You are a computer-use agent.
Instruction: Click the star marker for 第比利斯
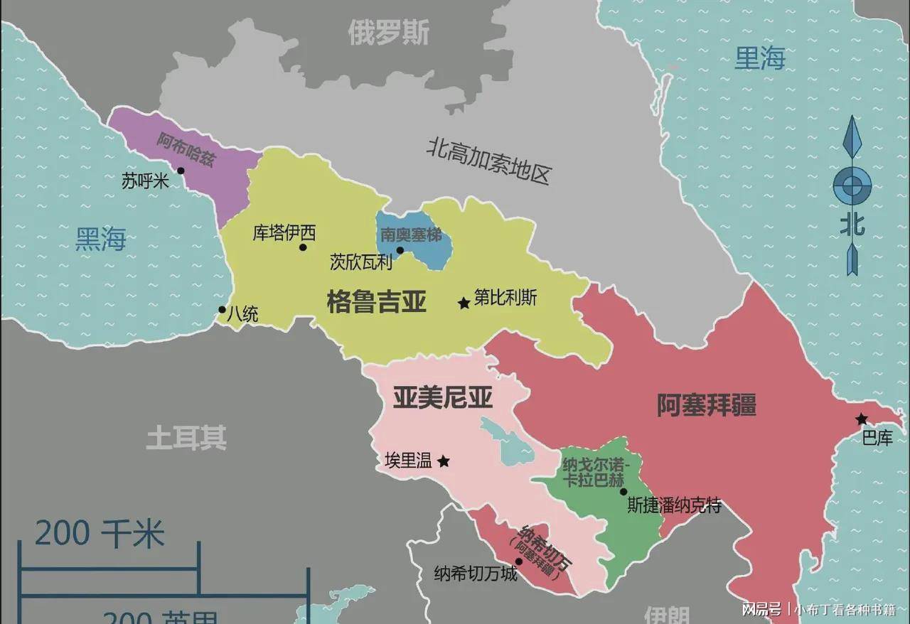(464, 303)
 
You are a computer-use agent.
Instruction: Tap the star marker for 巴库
(862, 419)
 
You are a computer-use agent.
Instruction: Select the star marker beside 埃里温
(443, 461)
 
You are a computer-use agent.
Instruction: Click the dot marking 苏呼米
(181, 171)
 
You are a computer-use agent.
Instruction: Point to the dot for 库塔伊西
(303, 247)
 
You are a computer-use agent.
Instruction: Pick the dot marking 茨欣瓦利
(400, 250)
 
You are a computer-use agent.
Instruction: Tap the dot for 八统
(222, 310)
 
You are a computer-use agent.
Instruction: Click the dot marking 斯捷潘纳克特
(623, 491)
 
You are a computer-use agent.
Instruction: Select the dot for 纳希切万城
(519, 561)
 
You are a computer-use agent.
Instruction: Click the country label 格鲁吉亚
(376, 301)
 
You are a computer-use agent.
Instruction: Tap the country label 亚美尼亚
(442, 399)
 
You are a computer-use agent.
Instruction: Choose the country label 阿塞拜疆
(706, 405)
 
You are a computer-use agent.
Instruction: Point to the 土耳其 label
(186, 438)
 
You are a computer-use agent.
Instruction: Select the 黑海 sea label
(101, 240)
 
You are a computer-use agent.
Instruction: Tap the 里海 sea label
(759, 59)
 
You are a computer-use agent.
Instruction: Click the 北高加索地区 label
(489, 161)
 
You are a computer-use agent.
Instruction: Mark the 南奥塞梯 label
(411, 235)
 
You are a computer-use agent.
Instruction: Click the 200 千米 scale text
(100, 534)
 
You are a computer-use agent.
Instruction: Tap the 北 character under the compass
(852, 225)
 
